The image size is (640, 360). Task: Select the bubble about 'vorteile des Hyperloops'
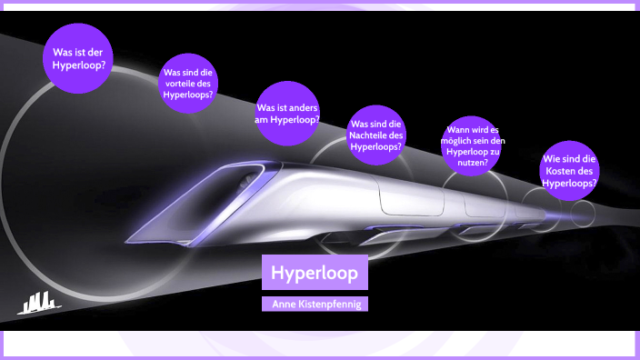point(188,83)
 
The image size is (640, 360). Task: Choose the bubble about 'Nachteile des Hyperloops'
point(376,135)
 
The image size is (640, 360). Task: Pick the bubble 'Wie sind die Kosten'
point(570,170)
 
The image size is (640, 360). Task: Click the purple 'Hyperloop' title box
point(315,272)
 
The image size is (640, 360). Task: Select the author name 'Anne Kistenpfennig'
point(315,304)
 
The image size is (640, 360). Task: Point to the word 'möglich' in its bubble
point(465,142)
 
